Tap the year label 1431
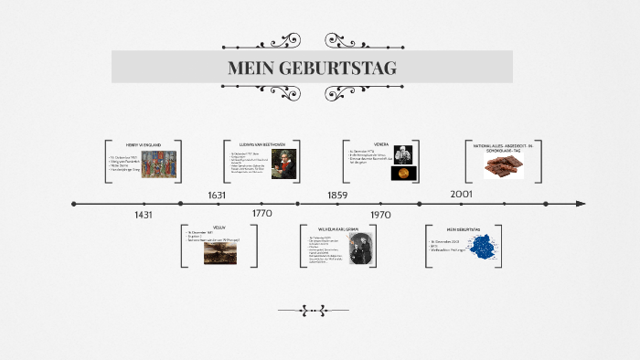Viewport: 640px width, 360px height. [x=143, y=215]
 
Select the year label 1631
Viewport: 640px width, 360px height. [x=217, y=195]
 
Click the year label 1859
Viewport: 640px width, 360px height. [x=337, y=195]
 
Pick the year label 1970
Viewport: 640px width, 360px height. [x=380, y=215]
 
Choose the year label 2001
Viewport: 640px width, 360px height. [x=461, y=194]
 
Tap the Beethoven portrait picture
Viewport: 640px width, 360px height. [x=284, y=164]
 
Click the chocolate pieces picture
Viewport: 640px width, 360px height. [x=504, y=165]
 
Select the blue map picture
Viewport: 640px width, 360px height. [x=481, y=249]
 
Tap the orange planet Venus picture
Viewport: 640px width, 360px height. [x=401, y=173]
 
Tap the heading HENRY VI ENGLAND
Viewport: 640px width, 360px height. [x=144, y=144]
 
